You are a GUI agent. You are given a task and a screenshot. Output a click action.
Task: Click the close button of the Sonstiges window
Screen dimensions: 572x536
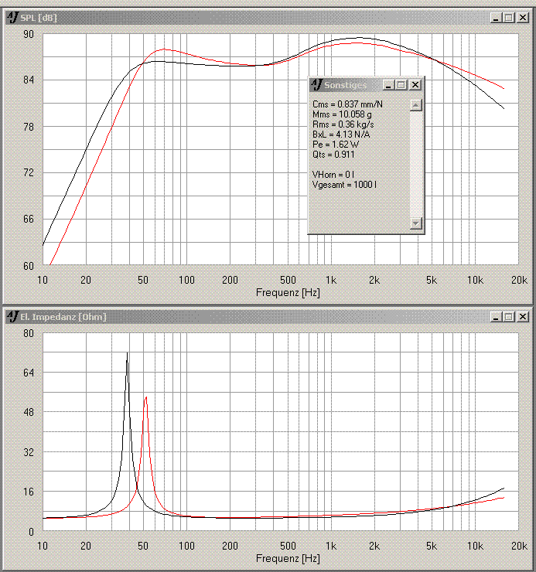(x=415, y=85)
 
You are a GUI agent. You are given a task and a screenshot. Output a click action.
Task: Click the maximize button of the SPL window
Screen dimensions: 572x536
(x=508, y=18)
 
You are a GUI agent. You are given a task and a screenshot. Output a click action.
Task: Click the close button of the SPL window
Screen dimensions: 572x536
(x=522, y=18)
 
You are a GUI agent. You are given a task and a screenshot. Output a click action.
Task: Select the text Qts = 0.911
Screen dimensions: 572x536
(x=333, y=154)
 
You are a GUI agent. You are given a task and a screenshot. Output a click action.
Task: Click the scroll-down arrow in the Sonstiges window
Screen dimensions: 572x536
(x=416, y=223)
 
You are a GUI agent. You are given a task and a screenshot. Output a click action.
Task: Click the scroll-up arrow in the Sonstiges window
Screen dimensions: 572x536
(x=416, y=105)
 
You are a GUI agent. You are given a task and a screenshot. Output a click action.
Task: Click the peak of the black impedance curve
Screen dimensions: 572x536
(x=128, y=353)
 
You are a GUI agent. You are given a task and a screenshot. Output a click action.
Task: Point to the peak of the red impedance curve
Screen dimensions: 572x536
(x=145, y=397)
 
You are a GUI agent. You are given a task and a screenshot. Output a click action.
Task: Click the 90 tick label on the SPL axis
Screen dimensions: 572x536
(x=28, y=34)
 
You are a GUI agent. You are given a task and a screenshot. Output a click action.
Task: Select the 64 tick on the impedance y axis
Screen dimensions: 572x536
(x=28, y=373)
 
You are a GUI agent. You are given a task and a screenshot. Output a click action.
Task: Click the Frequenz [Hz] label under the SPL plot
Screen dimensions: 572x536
(x=287, y=293)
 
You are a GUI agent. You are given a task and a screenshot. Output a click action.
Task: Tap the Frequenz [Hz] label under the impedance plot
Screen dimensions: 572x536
(x=287, y=558)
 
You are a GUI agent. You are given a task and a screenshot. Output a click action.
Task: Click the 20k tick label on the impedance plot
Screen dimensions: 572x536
(x=520, y=546)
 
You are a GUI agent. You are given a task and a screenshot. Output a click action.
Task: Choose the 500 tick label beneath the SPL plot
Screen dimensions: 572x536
(x=288, y=280)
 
